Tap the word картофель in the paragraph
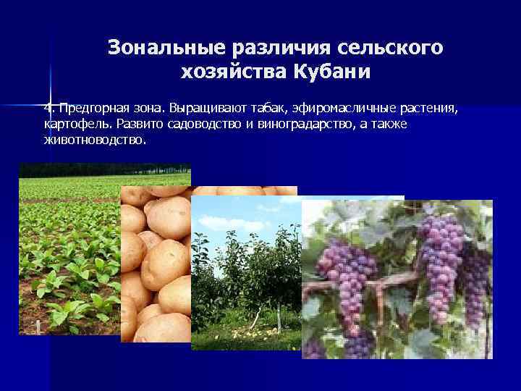(x=67, y=124)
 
